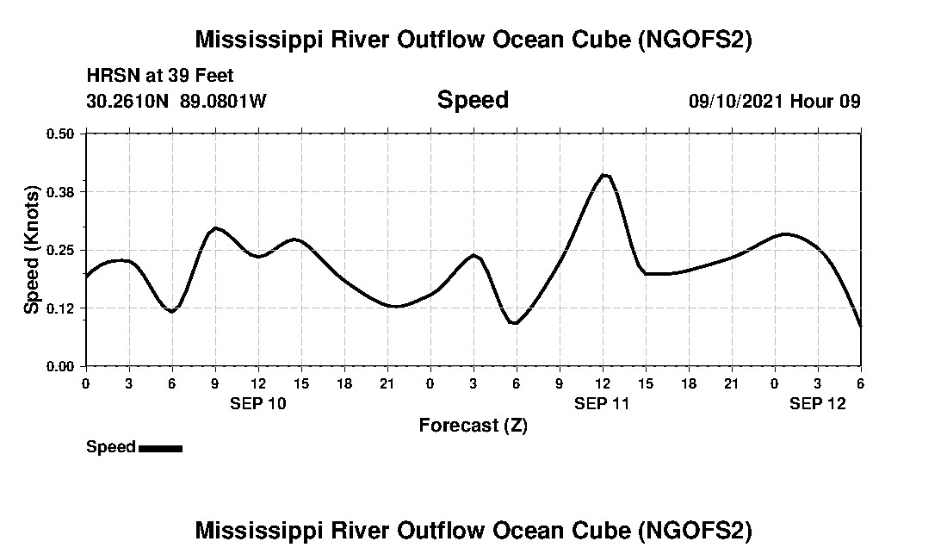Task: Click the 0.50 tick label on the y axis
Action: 61,134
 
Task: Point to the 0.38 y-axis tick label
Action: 61,191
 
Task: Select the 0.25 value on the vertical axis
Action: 61,250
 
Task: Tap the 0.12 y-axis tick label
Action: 61,308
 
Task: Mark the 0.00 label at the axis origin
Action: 61,366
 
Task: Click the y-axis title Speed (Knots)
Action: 31,250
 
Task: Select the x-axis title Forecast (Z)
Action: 473,425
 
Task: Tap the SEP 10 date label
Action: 258,403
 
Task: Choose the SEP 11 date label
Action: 603,403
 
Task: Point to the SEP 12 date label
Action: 818,403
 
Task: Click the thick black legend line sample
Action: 160,448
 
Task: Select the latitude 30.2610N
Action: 129,101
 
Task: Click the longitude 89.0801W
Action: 223,101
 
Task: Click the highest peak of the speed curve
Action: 604,175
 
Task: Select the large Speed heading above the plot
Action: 473,100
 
